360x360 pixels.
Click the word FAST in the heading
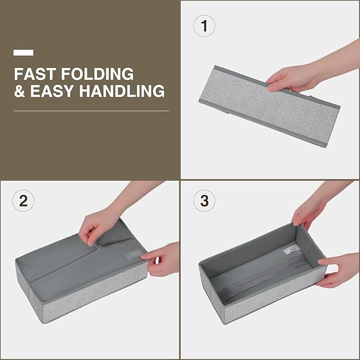coord(35,74)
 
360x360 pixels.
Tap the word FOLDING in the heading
coord(97,74)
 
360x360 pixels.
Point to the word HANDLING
coord(122,91)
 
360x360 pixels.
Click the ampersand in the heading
coord(19,91)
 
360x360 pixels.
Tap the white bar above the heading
coord(23,52)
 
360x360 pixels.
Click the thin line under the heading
coord(91,111)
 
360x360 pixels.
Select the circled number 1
coord(204,25)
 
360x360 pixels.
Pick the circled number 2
coord(23,200)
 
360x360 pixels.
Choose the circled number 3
coord(204,200)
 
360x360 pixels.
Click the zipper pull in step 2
coord(98,247)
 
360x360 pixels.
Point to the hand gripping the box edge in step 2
coord(161,259)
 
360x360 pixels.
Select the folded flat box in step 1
coord(269,106)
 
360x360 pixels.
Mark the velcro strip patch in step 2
coord(135,254)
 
